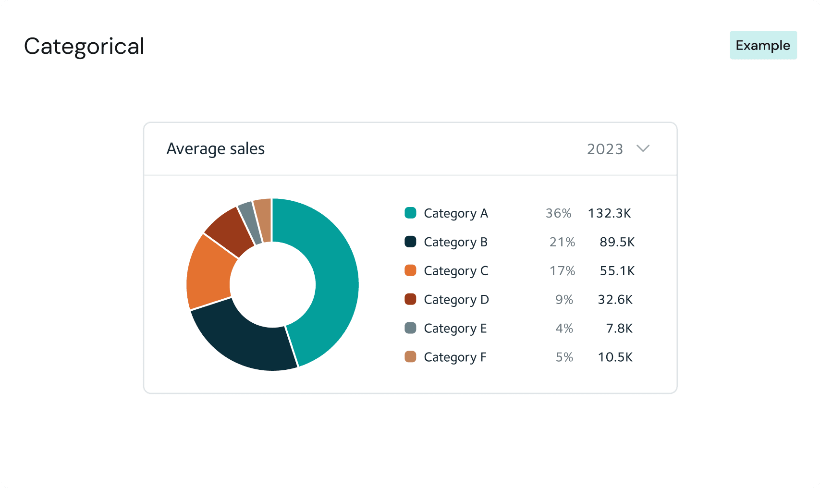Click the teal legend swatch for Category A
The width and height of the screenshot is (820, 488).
(410, 213)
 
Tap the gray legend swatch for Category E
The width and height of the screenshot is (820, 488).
(410, 328)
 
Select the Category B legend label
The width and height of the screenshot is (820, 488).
(455, 242)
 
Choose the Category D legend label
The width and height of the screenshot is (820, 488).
(456, 300)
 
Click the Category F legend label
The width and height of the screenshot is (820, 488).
(455, 357)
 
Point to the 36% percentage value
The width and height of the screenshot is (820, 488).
(558, 213)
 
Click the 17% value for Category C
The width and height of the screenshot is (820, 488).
(562, 271)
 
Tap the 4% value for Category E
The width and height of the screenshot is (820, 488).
(564, 329)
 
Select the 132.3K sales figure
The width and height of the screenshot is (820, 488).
(609, 213)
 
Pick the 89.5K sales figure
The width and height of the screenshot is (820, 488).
(617, 242)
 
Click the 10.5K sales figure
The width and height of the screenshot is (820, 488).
(615, 357)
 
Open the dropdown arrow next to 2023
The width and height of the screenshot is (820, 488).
(643, 148)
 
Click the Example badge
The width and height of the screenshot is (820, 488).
(763, 45)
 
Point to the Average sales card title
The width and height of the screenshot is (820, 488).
(215, 149)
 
